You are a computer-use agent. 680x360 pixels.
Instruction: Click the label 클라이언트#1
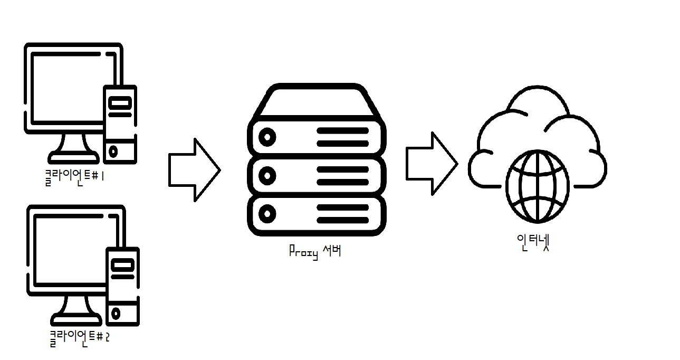coord(74,176)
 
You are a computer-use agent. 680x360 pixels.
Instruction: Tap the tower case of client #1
coord(120,124)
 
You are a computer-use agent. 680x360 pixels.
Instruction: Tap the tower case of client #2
coord(123,286)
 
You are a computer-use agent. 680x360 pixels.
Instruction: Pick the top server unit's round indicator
coord(268,137)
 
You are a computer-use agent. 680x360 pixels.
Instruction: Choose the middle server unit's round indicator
coord(268,175)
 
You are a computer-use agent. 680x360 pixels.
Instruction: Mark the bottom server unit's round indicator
coord(268,214)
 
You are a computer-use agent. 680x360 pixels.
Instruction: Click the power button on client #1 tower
coord(113,152)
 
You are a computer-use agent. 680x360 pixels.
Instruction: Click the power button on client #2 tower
coord(116,313)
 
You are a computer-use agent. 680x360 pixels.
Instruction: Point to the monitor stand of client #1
coord(74,148)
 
